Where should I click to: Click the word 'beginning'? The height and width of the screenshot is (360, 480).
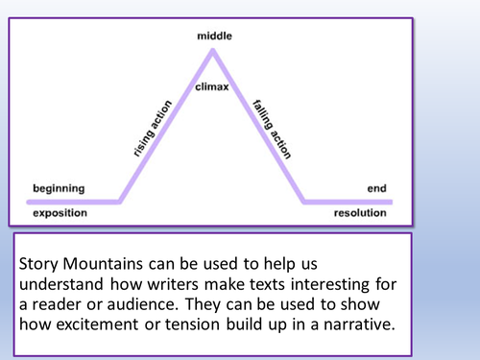point(59,188)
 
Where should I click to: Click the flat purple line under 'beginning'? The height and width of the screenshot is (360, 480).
point(72,202)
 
